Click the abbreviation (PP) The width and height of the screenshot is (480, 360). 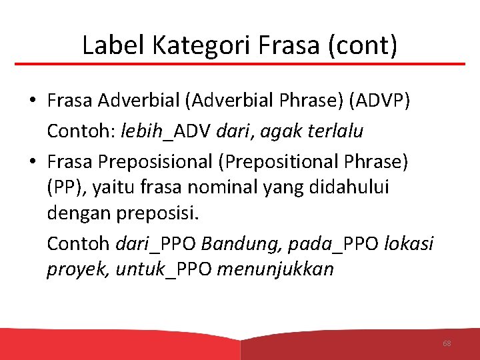pyautogui.click(x=66, y=189)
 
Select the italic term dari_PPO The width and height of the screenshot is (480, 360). pyautogui.click(x=156, y=243)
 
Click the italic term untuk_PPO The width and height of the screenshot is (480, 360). pyautogui.click(x=164, y=270)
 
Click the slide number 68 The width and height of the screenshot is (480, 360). pyautogui.click(x=447, y=343)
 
